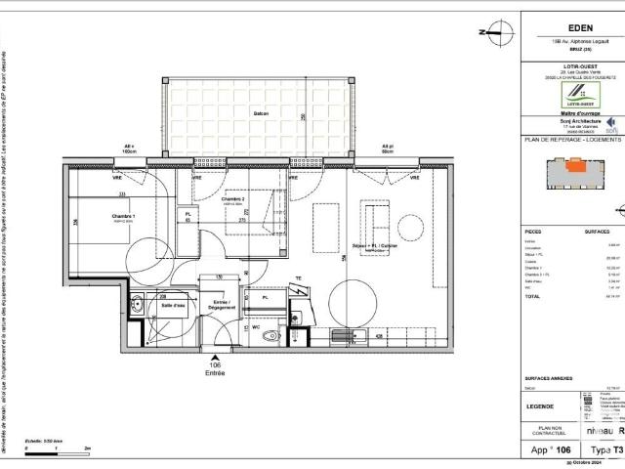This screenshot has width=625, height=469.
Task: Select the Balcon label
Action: pyautogui.click(x=261, y=113)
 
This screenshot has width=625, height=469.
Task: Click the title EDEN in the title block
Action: pyautogui.click(x=581, y=28)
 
